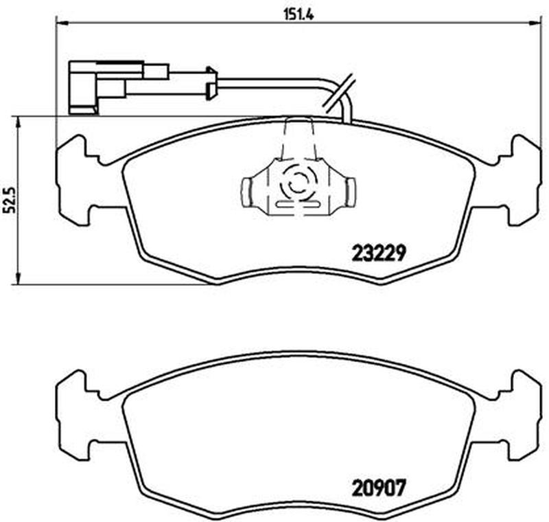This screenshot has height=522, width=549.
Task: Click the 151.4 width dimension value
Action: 299,14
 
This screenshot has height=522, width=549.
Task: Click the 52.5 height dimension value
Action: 10,201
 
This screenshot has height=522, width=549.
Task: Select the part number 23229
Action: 379,253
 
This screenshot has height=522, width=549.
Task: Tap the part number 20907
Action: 379,488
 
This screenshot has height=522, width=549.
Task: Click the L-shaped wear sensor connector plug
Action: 84,88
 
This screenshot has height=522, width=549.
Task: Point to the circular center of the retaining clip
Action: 297,182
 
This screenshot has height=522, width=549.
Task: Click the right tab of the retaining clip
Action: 349,192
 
